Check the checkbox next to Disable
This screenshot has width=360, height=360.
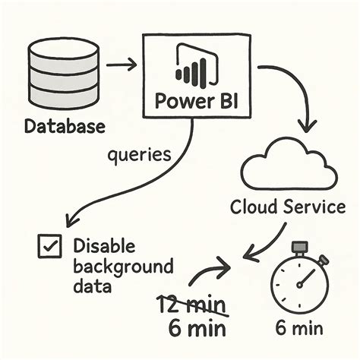click(49, 246)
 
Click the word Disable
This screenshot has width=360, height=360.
click(103, 246)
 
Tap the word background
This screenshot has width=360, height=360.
click(124, 267)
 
